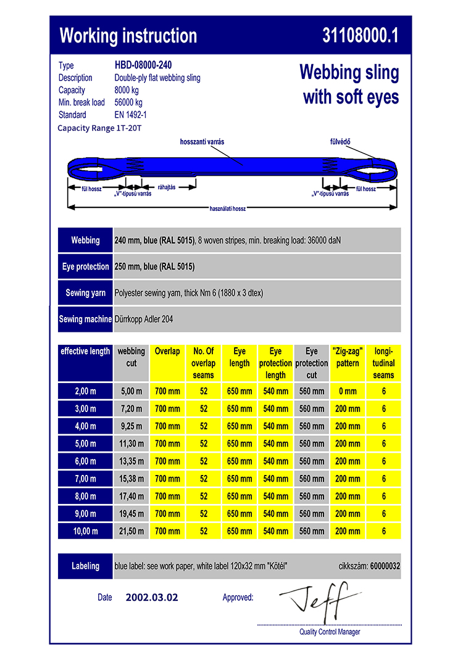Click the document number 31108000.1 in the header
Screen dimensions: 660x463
pyautogui.click(x=360, y=36)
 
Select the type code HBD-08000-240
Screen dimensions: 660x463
pyautogui.click(x=143, y=65)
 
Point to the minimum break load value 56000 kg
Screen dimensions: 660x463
pyautogui.click(x=128, y=102)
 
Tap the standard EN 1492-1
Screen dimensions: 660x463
pyautogui.click(x=131, y=115)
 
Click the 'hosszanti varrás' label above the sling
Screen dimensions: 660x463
pyautogui.click(x=202, y=142)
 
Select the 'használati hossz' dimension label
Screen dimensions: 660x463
pyautogui.click(x=228, y=208)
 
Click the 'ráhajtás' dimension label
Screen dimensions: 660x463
pyautogui.click(x=167, y=187)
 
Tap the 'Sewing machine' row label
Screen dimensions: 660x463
pyautogui.click(x=85, y=320)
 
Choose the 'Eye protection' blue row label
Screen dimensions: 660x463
pyautogui.click(x=85, y=266)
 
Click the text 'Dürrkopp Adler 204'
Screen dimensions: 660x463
pyautogui.click(x=145, y=320)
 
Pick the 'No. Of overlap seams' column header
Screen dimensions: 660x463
pyautogui.click(x=203, y=363)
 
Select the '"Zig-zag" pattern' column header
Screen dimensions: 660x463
pyautogui.click(x=348, y=357)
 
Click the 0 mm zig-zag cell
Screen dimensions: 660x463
pyautogui.click(x=348, y=391)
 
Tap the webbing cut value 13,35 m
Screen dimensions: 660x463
pyautogui.click(x=131, y=461)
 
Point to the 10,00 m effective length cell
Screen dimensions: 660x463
pyautogui.click(x=85, y=530)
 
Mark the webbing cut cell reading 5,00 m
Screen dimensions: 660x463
pyautogui.click(x=131, y=391)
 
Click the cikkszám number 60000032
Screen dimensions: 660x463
pyautogui.click(x=385, y=566)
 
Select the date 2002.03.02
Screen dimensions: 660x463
pyautogui.click(x=152, y=597)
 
